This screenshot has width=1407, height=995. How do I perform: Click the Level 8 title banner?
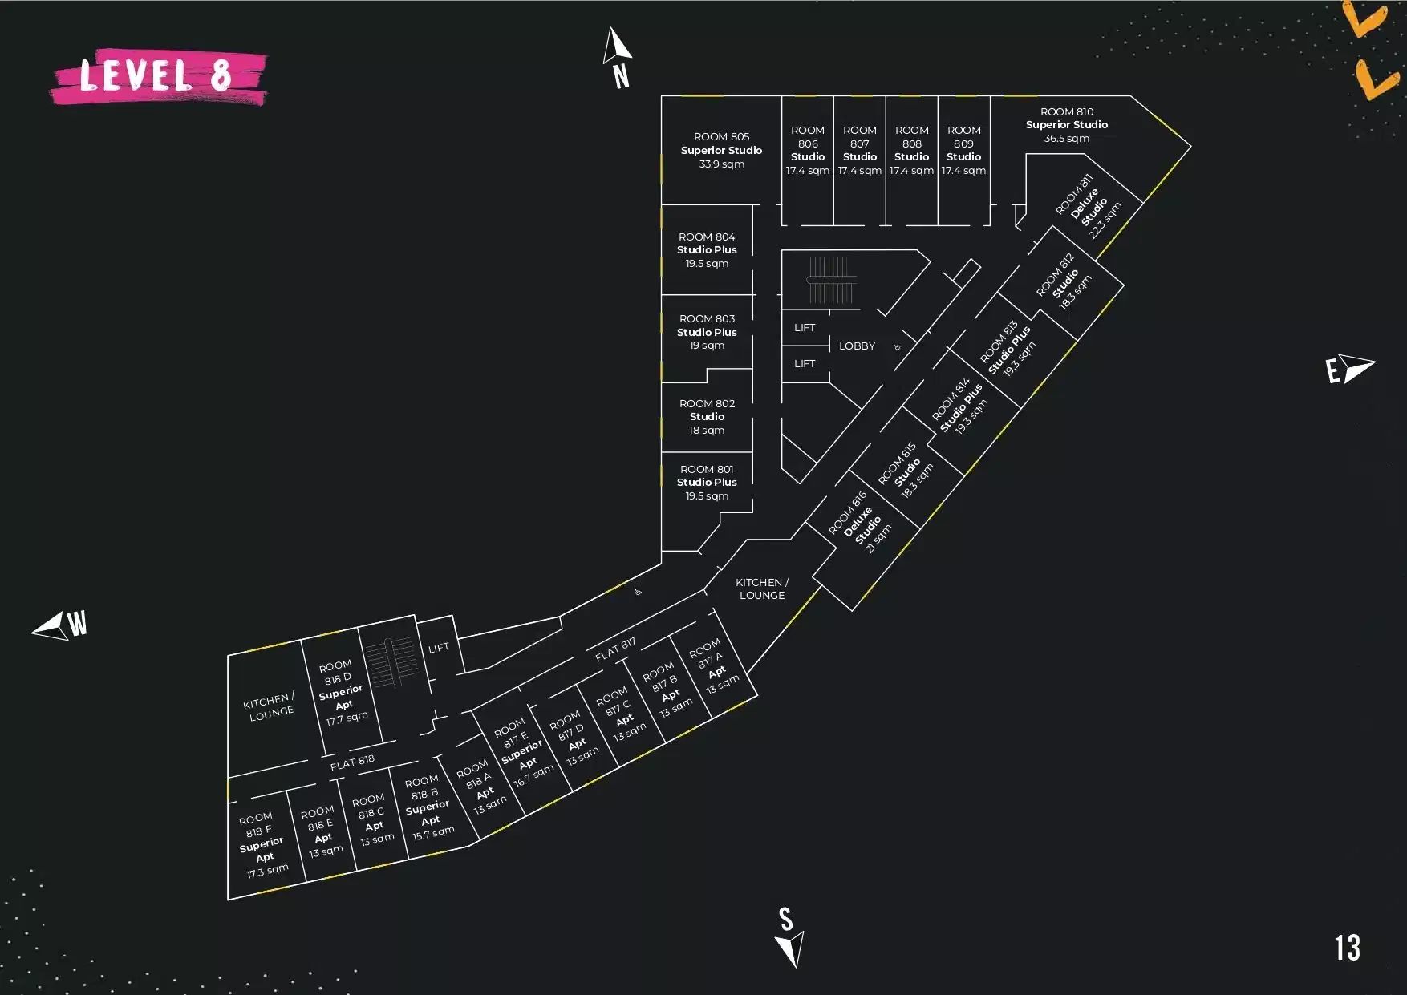[159, 76]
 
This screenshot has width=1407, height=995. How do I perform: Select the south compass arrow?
[790, 948]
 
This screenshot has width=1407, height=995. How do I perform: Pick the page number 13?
[1348, 948]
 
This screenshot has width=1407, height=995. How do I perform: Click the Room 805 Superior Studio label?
[721, 150]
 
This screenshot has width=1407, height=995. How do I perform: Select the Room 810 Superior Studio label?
[1067, 125]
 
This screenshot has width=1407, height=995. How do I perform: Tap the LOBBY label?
[857, 346]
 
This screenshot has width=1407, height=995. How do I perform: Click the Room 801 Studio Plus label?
[707, 482]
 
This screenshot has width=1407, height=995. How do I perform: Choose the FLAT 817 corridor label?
[615, 649]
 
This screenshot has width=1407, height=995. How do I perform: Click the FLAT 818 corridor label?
[352, 762]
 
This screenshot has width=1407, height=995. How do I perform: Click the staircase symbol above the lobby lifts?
[830, 280]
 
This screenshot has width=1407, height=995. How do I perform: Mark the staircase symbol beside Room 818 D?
[392, 663]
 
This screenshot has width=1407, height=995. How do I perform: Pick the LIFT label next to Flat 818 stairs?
[439, 648]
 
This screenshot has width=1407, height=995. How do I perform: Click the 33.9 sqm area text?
[721, 164]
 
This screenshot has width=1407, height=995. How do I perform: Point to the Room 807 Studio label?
[860, 150]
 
